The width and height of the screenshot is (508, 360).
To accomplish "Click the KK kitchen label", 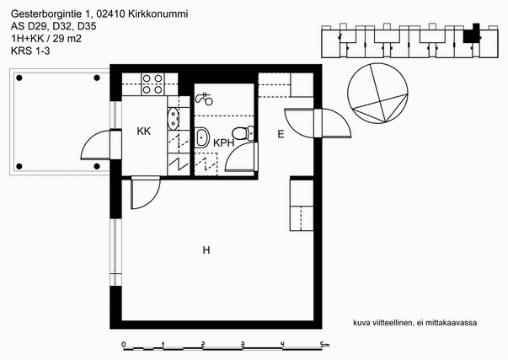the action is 144,131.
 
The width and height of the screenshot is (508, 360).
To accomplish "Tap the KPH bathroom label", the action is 223,142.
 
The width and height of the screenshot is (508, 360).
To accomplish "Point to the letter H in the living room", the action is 206,250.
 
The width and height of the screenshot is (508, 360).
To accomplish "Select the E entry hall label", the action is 281,134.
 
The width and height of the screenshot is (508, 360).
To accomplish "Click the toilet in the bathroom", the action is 243,133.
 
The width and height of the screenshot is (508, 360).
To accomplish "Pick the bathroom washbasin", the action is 202,137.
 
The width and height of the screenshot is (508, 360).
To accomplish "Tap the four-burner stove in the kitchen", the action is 152,84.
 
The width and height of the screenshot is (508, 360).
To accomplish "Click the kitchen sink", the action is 173,119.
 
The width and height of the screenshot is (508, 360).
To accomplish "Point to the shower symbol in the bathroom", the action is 204,99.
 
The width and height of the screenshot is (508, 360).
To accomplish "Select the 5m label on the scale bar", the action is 324,345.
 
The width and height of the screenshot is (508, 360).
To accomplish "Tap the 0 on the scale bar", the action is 124,344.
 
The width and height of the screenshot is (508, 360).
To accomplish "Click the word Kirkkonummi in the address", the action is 158,14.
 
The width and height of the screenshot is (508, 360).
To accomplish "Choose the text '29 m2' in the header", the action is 67,39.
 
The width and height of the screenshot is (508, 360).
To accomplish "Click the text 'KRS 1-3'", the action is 30,51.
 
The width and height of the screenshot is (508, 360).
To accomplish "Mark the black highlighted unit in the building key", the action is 471,35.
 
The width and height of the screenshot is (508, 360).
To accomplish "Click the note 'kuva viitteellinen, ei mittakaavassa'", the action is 415,323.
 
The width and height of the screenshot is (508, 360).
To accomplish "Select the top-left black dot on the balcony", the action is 19,78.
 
